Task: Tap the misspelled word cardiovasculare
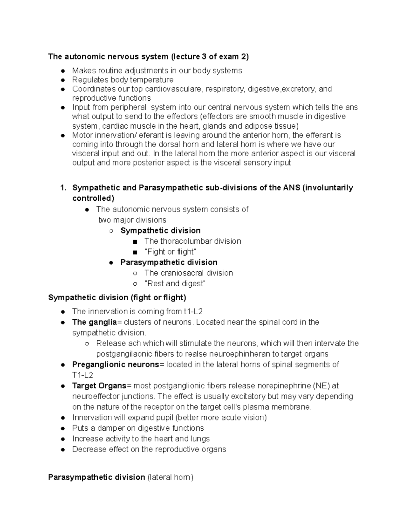173,89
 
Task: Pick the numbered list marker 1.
63,188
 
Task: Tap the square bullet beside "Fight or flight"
135,253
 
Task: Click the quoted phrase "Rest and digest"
175,284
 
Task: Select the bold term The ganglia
94,322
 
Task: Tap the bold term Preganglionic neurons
116,364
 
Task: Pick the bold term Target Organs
99,386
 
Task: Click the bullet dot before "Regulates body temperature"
63,80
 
